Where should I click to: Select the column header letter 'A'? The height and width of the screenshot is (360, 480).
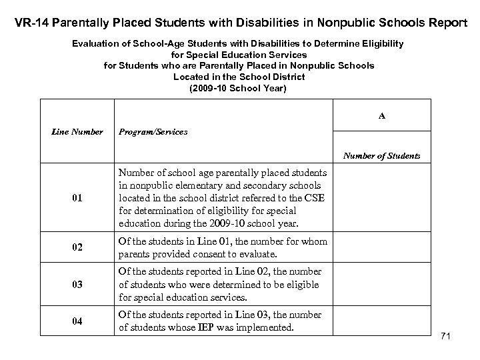[x=382, y=115]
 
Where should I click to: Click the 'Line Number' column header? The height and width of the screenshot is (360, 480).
[x=77, y=132]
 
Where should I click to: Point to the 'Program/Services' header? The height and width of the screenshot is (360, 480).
[x=153, y=132]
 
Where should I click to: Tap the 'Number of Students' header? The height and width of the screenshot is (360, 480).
[x=381, y=156]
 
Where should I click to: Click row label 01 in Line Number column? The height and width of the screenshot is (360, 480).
[x=77, y=199]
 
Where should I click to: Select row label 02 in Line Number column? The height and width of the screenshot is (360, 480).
[x=77, y=248]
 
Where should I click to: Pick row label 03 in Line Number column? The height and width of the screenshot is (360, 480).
[x=77, y=285]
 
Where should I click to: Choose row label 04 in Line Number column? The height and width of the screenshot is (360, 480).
[x=77, y=321]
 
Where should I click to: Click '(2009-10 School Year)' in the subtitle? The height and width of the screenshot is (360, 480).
[x=238, y=88]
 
